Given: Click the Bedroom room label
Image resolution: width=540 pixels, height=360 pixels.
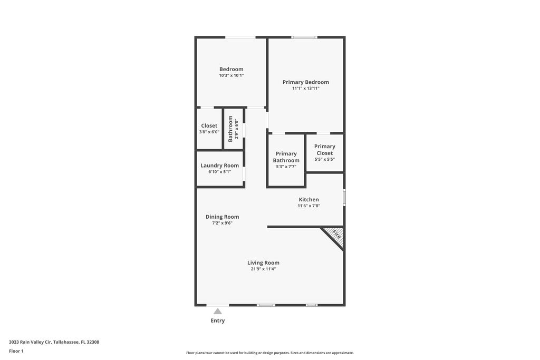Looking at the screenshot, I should click(231, 69).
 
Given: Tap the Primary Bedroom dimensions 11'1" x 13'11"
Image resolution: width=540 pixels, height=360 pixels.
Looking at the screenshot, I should click(305, 89).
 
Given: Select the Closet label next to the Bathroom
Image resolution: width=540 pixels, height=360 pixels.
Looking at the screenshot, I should click(209, 125).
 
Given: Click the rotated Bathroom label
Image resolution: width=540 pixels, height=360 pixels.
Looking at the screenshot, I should click(230, 129).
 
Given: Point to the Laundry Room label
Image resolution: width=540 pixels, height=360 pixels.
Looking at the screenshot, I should click(219, 165).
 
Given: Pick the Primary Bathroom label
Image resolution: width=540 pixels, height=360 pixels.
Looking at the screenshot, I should click(286, 157).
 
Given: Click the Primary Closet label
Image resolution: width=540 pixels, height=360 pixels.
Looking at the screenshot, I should click(324, 150).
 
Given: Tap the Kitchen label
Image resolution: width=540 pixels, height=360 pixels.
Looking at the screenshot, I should click(308, 199).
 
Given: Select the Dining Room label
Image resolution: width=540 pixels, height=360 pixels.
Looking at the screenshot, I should click(222, 217).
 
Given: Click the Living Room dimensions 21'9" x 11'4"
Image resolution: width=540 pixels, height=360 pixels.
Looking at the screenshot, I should click(263, 269).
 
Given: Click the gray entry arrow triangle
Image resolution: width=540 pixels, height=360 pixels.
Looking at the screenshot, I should click(218, 312).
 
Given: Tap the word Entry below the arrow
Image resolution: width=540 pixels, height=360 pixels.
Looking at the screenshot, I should click(218, 320).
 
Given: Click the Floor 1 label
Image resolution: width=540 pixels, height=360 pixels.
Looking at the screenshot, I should click(16, 351).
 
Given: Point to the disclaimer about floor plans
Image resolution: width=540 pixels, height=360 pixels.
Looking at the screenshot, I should click(269, 353).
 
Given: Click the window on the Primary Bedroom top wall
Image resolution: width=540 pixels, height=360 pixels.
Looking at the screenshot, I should click(304, 37).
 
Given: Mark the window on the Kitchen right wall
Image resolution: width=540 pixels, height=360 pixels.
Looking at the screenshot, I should click(344, 197).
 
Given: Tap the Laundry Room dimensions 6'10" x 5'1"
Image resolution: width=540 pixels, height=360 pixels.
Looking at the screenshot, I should click(219, 171).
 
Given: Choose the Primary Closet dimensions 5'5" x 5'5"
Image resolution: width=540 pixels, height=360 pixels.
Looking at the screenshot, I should click(324, 159).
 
